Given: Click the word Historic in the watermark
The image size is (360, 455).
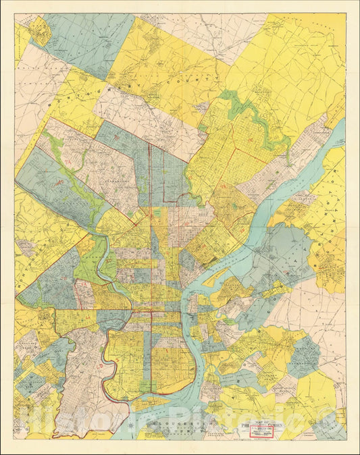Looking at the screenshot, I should pyautogui.click(x=68, y=422).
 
